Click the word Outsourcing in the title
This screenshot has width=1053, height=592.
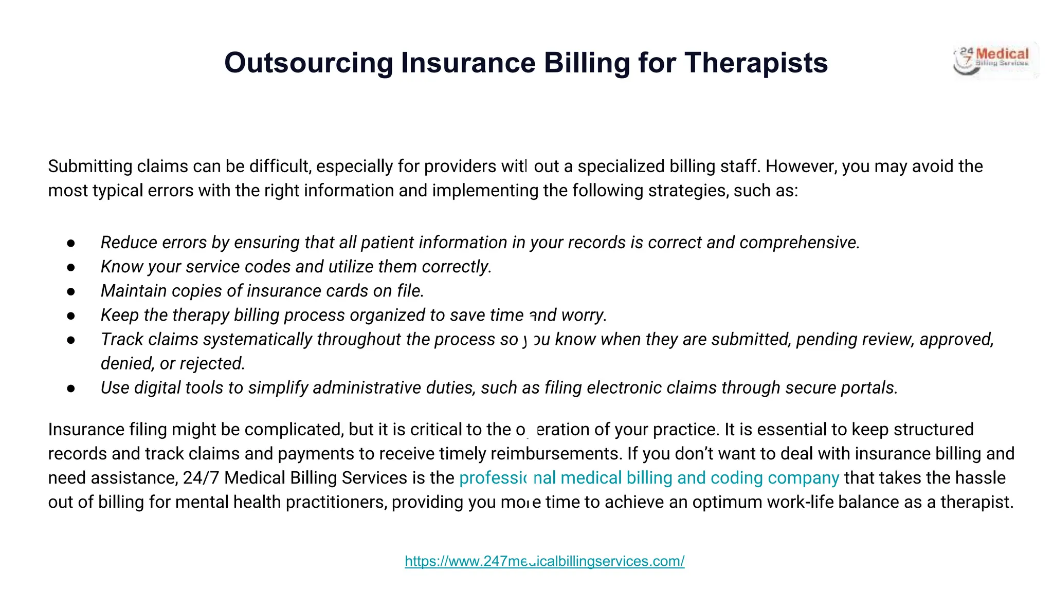[x=308, y=63]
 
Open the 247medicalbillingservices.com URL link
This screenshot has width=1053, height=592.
[x=544, y=561]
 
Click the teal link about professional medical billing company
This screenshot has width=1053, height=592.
[x=649, y=478]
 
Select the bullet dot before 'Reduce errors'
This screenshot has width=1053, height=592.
[x=71, y=243]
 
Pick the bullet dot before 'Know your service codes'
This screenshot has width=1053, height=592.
[x=71, y=267]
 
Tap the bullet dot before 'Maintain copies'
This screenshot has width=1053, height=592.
[x=71, y=291]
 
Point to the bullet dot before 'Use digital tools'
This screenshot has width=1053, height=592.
[x=71, y=388]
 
